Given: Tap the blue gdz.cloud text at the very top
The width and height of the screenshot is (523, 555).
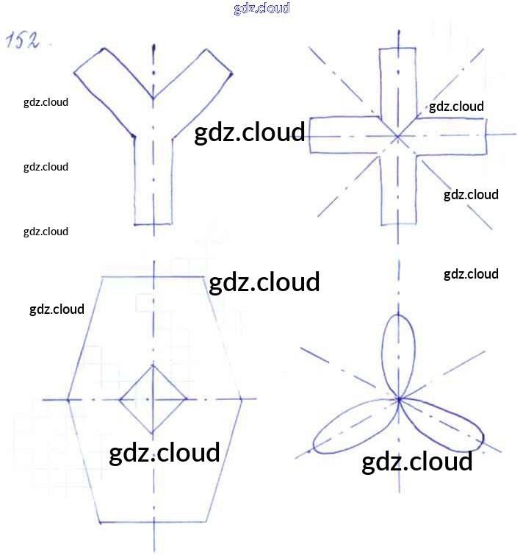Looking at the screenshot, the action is point(261,8).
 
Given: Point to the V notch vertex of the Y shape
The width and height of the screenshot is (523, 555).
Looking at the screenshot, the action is point(153,99).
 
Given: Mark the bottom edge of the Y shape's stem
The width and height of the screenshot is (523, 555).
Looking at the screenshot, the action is point(153,223).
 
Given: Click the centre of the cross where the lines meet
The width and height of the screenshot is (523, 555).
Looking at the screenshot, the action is point(397,136).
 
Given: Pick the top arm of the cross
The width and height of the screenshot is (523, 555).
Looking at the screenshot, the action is point(397,81).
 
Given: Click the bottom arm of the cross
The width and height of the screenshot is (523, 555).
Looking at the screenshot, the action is point(397,191).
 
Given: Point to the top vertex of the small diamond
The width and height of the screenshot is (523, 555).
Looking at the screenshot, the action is point(153,365).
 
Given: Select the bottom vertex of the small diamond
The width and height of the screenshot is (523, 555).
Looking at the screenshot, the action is point(153,434).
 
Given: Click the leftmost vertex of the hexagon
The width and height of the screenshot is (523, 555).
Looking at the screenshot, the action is point(68,399).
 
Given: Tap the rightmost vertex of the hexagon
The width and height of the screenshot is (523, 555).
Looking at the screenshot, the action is point(242,400).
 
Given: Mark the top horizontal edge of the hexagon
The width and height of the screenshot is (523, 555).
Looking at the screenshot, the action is point(153,276).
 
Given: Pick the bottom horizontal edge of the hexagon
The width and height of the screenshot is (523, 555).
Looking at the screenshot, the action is point(153,522).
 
